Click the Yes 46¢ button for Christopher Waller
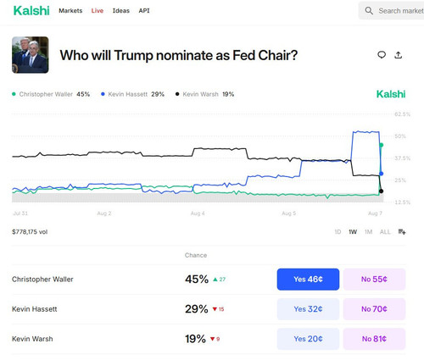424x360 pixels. [x=308, y=280]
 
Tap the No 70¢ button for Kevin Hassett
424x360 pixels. [x=374, y=309]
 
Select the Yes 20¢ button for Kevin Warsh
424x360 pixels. [x=308, y=339]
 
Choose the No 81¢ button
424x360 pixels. [x=374, y=339]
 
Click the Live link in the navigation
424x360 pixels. [x=98, y=11]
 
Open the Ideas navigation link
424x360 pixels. [x=121, y=11]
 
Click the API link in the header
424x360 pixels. [x=144, y=11]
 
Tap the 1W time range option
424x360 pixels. [x=353, y=232]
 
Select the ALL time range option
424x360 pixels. [x=385, y=232]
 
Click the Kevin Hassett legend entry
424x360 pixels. [x=132, y=94]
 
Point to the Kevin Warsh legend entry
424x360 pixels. [x=204, y=94]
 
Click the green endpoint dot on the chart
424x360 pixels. [x=381, y=145]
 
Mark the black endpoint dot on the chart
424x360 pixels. [x=381, y=191]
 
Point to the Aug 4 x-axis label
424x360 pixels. [x=198, y=213]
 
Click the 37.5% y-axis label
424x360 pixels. [x=402, y=158]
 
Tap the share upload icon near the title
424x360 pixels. [x=399, y=55]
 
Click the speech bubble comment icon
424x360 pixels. [x=382, y=55]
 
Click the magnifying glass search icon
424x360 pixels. [x=369, y=11]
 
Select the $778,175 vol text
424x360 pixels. [x=30, y=232]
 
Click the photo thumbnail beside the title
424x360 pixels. [x=31, y=55]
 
